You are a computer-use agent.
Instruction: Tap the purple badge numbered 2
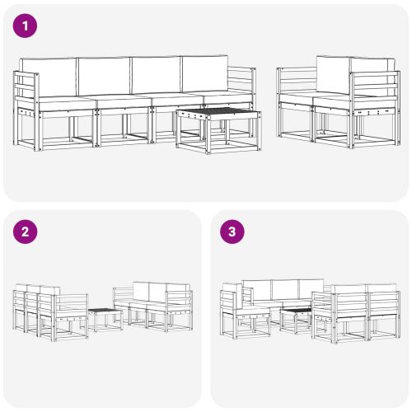(x=26, y=232)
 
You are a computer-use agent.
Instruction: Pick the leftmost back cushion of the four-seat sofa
(x=48, y=76)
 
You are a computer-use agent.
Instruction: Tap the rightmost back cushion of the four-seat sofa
(x=204, y=75)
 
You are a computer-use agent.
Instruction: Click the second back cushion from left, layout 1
(x=102, y=76)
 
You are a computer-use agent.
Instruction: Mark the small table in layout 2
(x=104, y=312)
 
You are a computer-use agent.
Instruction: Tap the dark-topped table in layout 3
(x=295, y=311)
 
